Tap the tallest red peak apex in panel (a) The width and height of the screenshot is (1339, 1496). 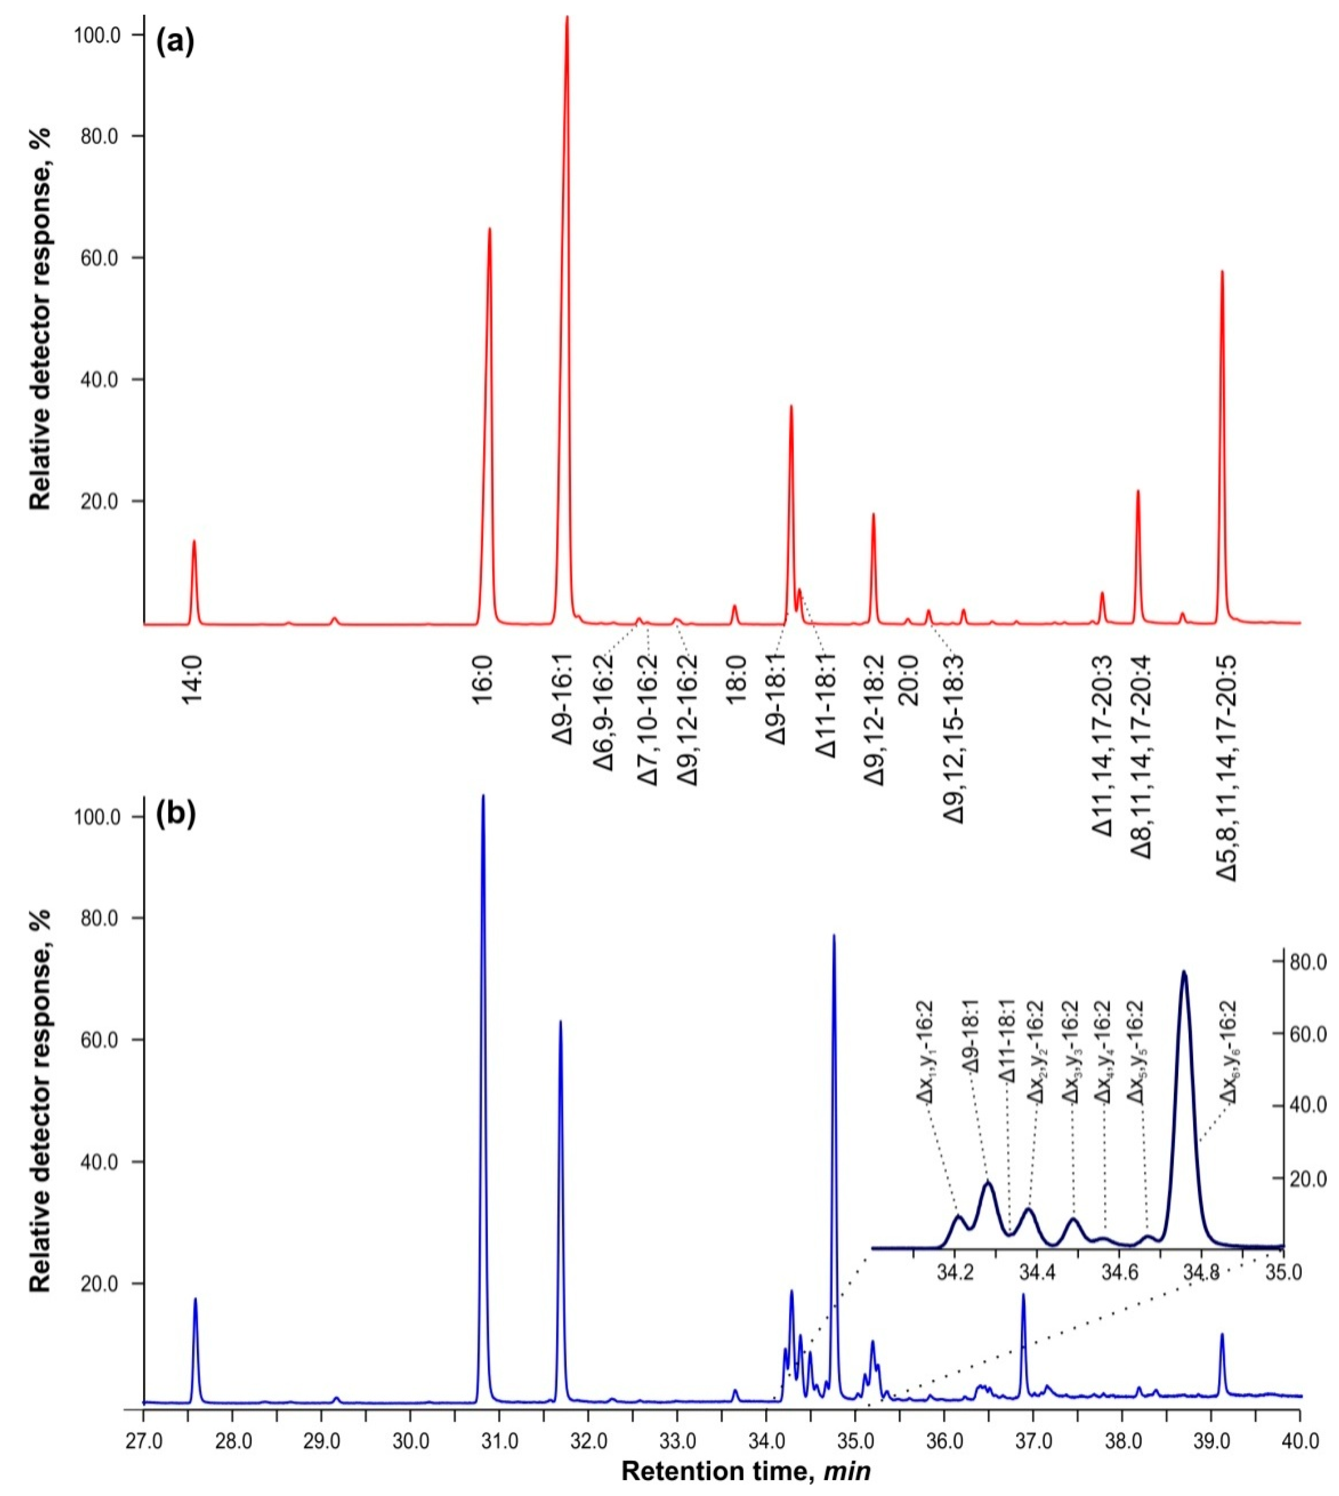click(566, 18)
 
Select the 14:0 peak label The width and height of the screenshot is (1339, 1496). click(193, 681)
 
